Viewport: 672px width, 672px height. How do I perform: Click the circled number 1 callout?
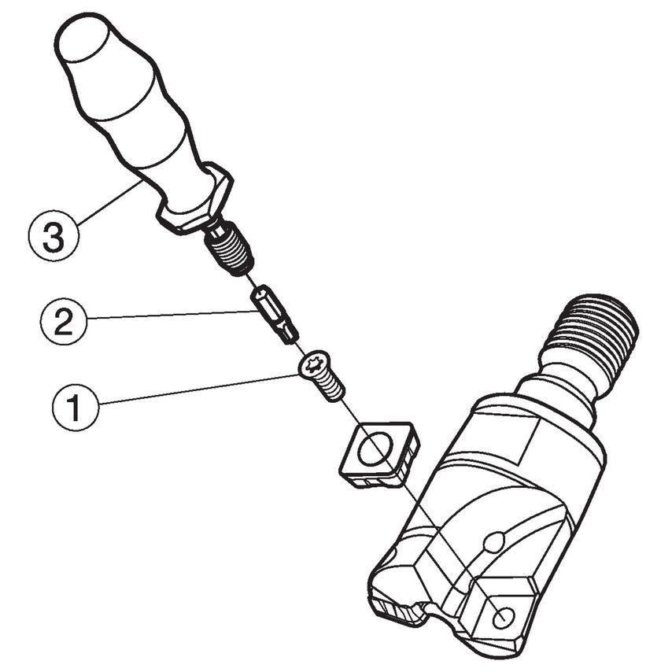(x=76, y=407)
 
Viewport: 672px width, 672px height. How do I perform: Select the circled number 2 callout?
(x=64, y=322)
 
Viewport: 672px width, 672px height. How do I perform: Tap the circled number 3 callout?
(x=54, y=235)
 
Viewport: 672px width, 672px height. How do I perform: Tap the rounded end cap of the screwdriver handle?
(x=83, y=36)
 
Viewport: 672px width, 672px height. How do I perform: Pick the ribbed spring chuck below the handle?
(x=227, y=248)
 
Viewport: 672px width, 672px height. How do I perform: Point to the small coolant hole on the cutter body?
(x=495, y=542)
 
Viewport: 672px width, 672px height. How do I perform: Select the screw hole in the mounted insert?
(x=504, y=618)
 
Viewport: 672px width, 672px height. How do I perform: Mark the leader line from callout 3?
(x=110, y=201)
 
